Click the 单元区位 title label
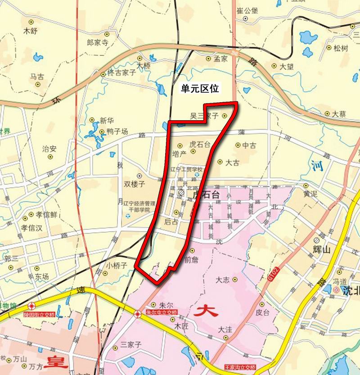click(200, 89)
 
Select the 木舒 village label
click(31, 31)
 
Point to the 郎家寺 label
click(98, 43)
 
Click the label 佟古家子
click(121, 73)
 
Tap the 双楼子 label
click(135, 184)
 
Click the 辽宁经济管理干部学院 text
click(140, 206)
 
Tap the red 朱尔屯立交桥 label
click(162, 312)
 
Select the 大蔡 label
click(339, 114)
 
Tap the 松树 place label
click(341, 48)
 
